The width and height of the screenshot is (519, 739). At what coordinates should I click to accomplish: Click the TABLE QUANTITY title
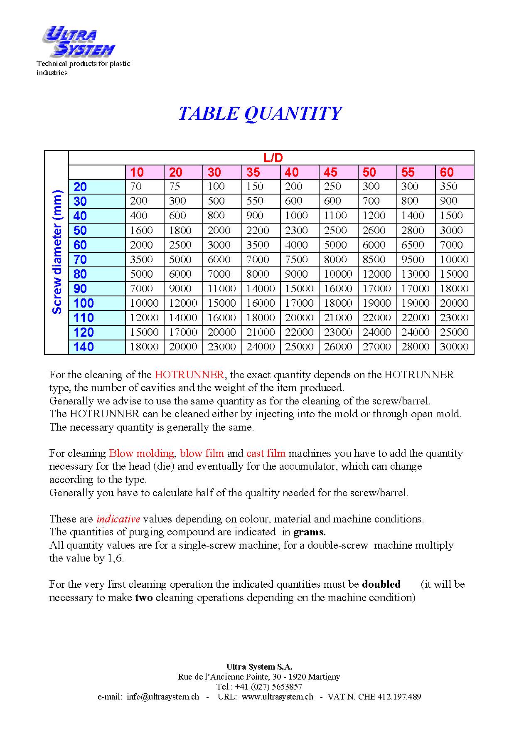point(260,113)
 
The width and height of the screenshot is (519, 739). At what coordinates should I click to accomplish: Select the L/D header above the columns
point(273,158)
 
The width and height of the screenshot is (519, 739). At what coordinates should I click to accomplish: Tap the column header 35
point(253,172)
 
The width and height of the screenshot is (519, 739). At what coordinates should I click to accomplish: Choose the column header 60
point(447,172)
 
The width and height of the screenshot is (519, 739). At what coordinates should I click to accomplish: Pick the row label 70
point(80,259)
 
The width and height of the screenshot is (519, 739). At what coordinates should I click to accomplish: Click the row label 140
point(84,347)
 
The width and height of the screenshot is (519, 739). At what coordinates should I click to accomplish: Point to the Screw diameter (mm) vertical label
point(57,252)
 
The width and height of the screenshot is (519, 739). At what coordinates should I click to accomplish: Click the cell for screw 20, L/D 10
point(136,187)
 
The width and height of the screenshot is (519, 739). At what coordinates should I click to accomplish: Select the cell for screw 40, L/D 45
point(335,216)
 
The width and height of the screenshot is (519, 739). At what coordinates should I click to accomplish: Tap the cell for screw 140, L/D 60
point(454,347)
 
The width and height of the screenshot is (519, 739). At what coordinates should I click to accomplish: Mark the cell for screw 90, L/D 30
point(221,288)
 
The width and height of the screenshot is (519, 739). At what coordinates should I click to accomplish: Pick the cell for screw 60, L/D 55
point(412,245)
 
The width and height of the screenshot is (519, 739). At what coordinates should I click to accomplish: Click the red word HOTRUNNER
point(189,375)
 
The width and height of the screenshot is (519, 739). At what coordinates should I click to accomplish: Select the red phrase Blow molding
point(141,453)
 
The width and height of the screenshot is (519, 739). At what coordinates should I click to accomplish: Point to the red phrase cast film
point(266,453)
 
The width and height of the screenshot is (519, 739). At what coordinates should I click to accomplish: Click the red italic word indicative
point(118,519)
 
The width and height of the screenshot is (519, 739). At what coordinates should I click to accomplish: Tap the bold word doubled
point(381,584)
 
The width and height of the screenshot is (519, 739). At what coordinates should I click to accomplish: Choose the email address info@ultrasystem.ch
point(163,697)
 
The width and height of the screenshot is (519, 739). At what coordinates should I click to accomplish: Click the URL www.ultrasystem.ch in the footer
point(277,697)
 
